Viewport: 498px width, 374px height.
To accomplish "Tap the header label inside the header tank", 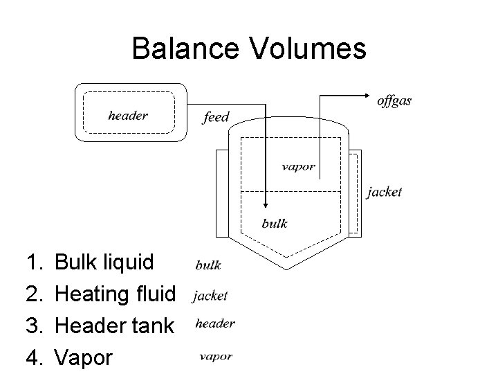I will [128, 116].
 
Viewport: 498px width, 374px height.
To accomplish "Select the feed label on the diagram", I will [216, 117].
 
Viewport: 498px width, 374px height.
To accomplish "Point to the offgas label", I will [394, 101].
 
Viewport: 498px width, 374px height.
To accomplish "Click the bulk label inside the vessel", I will [275, 223].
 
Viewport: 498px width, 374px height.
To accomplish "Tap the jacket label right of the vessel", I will [384, 192].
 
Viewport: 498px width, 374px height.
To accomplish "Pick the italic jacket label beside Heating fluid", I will [210, 296].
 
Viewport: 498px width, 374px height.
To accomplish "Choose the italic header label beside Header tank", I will [214, 323].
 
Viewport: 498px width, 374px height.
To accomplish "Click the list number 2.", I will [33, 294].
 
